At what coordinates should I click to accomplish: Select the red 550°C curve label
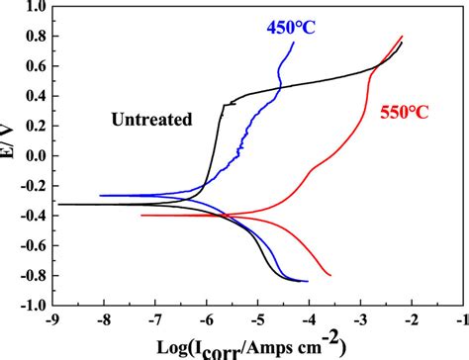pos(407,112)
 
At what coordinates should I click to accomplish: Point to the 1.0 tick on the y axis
pos(32,7)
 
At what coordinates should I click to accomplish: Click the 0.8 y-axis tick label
pos(32,37)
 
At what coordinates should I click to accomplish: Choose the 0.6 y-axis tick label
pos(32,66)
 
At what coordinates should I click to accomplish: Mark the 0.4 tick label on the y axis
pos(32,96)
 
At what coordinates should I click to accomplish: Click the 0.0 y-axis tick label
pos(32,155)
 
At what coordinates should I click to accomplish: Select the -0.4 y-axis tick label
pos(29,215)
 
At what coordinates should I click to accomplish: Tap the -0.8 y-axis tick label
pos(29,275)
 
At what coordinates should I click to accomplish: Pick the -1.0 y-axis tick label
pos(29,305)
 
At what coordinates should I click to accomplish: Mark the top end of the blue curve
pos(294,42)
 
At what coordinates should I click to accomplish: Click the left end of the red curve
pos(141,215)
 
